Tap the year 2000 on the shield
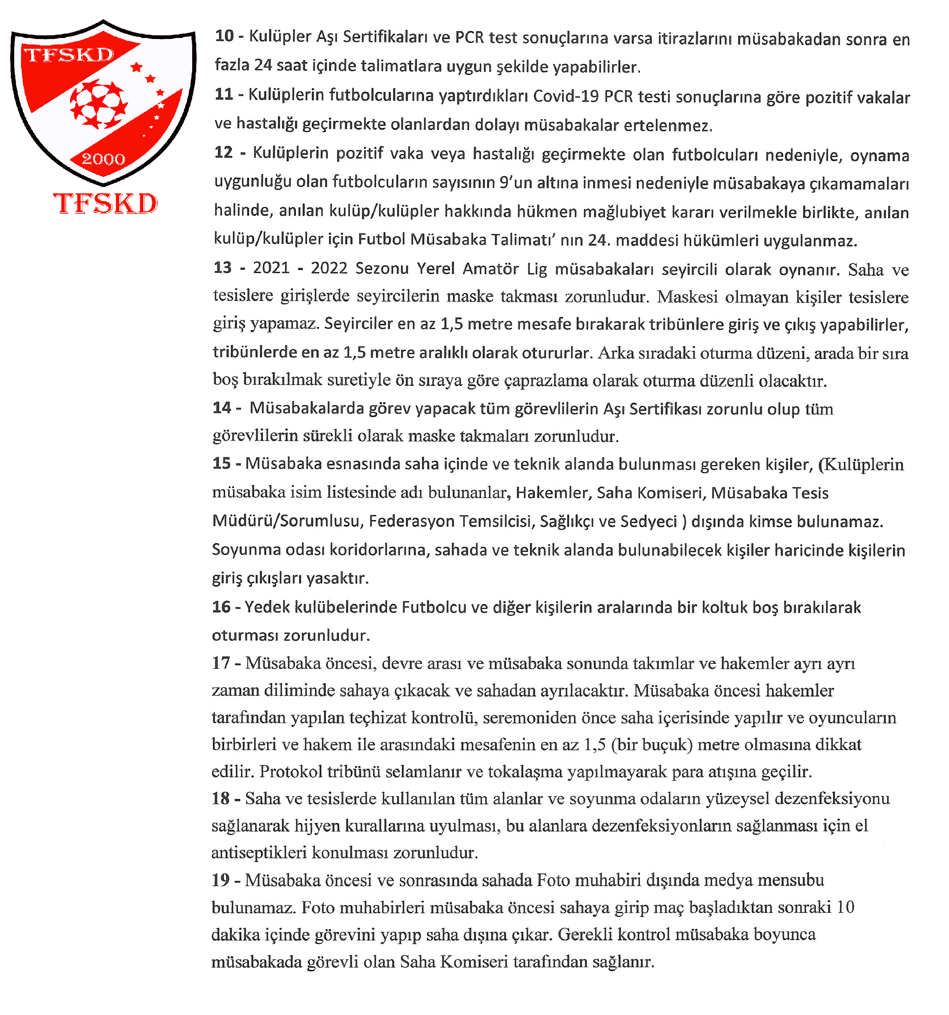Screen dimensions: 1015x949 tap(104, 159)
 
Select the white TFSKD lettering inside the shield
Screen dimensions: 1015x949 tap(69, 55)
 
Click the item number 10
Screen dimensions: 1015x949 tap(224, 36)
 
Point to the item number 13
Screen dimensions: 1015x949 tap(222, 268)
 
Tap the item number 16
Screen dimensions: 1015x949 tap(221, 607)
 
